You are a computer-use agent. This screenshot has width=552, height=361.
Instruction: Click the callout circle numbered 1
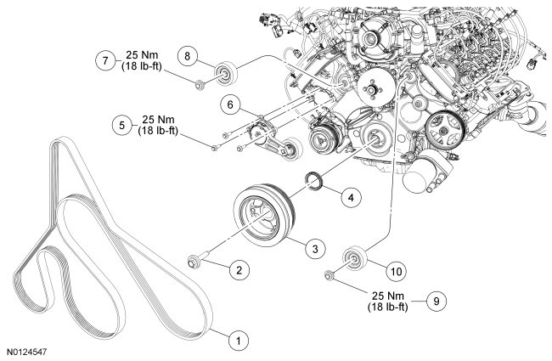tap(239, 340)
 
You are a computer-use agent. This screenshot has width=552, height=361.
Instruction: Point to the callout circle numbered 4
tap(351, 197)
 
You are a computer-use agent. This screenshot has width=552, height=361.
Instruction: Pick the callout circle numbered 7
tap(105, 61)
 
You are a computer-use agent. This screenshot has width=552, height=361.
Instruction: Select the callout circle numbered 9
tap(434, 301)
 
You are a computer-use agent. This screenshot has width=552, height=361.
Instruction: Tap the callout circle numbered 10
tap(394, 270)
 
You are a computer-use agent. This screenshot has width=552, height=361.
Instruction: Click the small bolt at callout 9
tap(328, 275)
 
